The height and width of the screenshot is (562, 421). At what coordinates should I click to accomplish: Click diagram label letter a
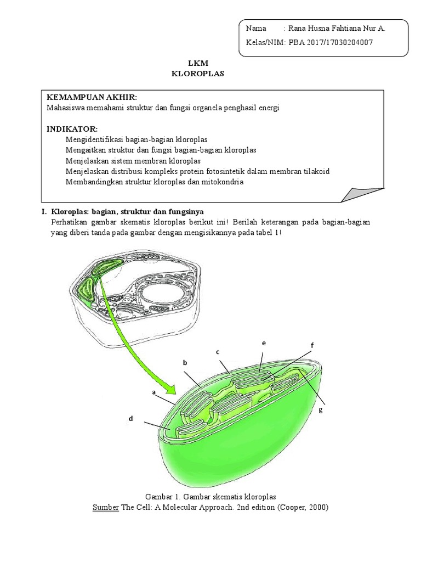(x=153, y=392)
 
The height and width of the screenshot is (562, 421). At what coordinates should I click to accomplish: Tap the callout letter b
(x=185, y=363)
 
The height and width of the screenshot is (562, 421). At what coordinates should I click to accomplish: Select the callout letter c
(x=218, y=352)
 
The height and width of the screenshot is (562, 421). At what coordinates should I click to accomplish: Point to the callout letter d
(x=130, y=419)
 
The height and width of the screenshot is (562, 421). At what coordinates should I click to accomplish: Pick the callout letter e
(x=264, y=343)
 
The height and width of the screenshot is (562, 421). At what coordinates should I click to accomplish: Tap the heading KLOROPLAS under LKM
(x=198, y=73)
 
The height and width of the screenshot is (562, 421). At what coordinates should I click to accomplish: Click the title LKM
(x=198, y=63)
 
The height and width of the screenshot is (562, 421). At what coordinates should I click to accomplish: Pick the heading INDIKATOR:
(x=72, y=129)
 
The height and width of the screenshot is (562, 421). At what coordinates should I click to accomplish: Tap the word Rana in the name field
(x=299, y=29)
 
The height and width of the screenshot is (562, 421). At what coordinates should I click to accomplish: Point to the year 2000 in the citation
(x=316, y=507)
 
